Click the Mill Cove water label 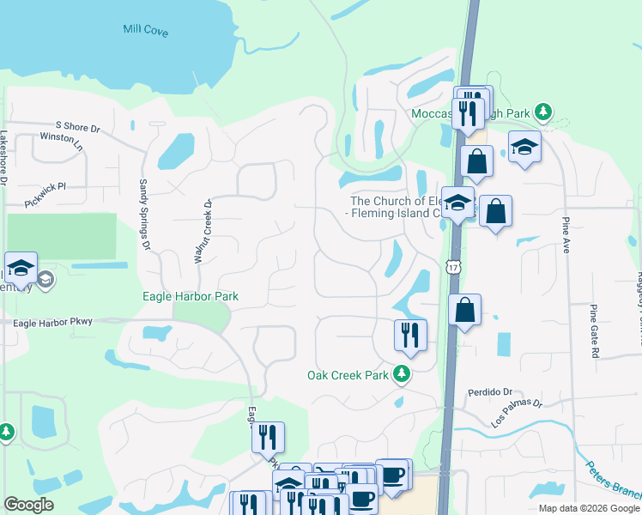click(x=145, y=31)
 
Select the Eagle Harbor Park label click(x=190, y=297)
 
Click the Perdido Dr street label click(x=490, y=392)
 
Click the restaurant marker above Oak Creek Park click(x=410, y=336)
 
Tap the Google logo click(x=28, y=505)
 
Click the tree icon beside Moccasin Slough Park click(x=542, y=112)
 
